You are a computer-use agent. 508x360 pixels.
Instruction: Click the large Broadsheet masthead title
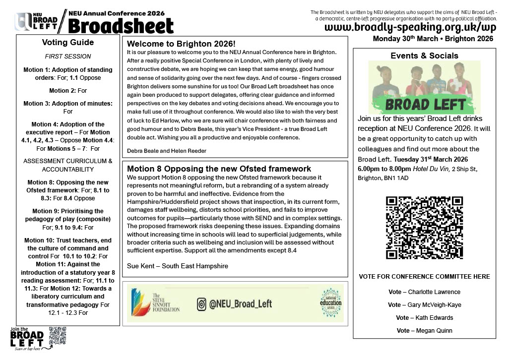[x=121, y=25]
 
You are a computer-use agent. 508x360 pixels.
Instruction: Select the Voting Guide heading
[x=67, y=42]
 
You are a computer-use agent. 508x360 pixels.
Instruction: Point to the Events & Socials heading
[x=424, y=56]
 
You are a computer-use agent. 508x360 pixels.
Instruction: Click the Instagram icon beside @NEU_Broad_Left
[x=201, y=304]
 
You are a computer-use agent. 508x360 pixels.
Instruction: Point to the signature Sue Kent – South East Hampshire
[x=178, y=266]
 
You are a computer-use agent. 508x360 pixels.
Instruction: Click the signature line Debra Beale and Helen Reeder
[x=166, y=151]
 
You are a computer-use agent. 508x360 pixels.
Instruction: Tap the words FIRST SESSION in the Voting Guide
[x=68, y=57]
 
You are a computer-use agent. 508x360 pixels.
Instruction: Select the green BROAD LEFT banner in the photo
[x=424, y=104]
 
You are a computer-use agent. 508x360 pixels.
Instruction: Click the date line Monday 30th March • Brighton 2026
[x=433, y=39]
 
